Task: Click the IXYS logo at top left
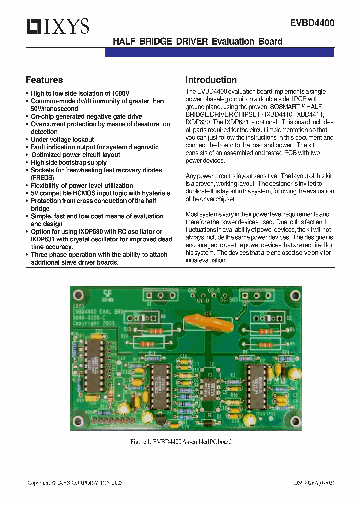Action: coord(57,26)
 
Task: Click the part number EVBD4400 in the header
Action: coord(312,23)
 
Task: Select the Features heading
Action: coord(44,80)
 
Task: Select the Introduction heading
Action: coord(211,80)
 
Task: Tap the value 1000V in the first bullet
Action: coord(120,93)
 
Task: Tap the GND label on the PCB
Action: coord(192,291)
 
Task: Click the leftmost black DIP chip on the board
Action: coord(94,360)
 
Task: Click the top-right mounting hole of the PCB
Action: coord(292,294)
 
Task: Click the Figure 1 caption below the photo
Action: coord(180,442)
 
